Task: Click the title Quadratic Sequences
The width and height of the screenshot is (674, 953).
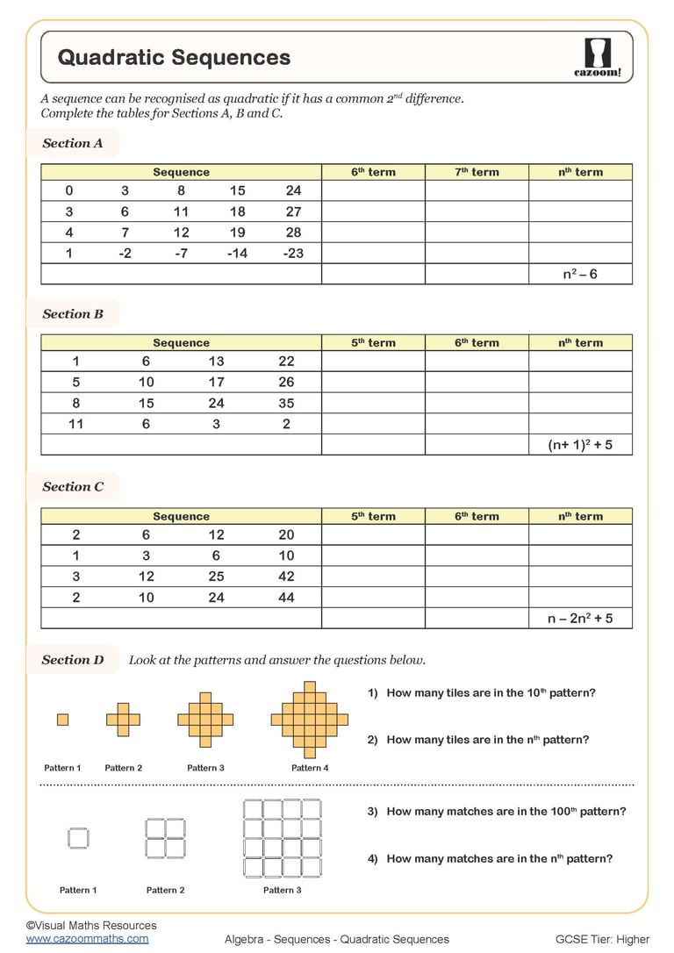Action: [x=174, y=58]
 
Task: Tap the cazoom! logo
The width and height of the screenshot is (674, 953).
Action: [x=596, y=58]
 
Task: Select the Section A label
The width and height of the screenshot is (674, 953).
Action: [x=73, y=143]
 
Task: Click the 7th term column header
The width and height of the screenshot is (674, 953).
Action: [x=477, y=172]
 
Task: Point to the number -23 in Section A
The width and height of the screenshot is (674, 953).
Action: [x=293, y=254]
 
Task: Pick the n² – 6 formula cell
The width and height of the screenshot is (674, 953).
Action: [x=580, y=275]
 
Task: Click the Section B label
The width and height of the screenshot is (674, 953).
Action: [x=73, y=314]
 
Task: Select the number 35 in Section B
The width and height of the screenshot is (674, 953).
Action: [x=286, y=403]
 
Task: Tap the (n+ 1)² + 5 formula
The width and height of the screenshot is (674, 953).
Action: [x=580, y=445]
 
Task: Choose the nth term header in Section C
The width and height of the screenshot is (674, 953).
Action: [x=580, y=517]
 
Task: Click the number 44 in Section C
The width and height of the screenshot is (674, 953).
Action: [x=286, y=598]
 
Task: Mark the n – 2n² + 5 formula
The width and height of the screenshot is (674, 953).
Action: [x=580, y=619]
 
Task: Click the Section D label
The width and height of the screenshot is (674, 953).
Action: [x=73, y=660]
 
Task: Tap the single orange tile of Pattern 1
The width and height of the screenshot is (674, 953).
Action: [x=62, y=720]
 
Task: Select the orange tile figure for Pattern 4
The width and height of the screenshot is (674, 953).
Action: [x=309, y=720]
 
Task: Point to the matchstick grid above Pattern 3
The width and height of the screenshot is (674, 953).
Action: [x=283, y=838]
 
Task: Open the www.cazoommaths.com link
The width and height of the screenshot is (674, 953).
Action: [x=87, y=939]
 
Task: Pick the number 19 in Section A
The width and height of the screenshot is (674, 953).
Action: [x=237, y=233]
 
